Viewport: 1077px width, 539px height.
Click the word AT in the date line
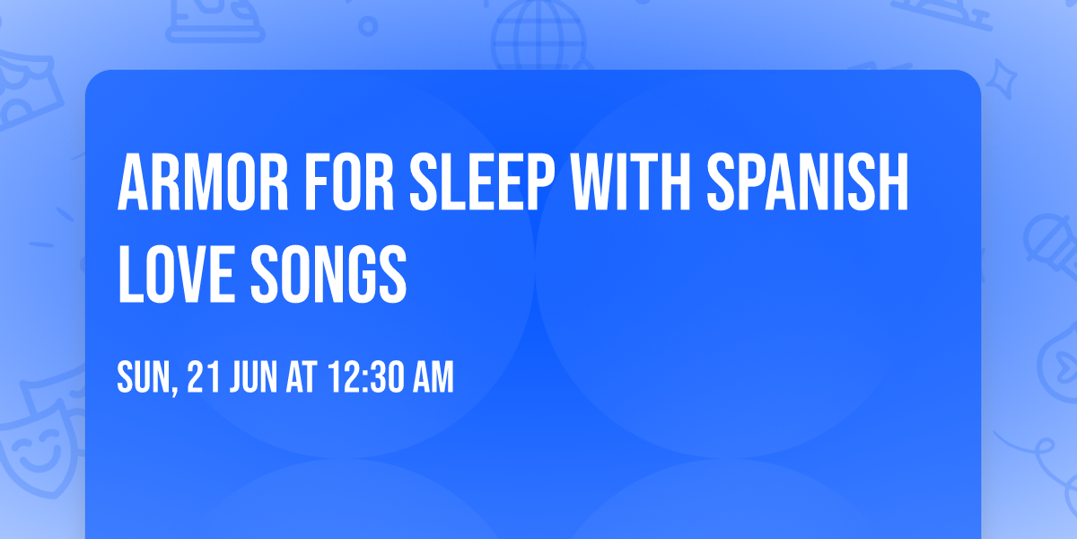click(302, 378)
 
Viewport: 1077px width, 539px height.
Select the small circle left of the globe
click(368, 27)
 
